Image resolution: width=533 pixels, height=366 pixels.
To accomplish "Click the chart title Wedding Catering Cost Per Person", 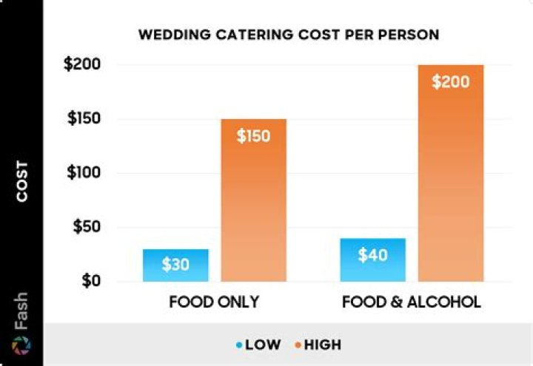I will (289, 35).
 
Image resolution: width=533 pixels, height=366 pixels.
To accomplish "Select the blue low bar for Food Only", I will (175, 265).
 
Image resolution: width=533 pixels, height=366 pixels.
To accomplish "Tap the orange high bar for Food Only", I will (254, 200).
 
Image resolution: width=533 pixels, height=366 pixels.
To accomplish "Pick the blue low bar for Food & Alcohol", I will (372, 260).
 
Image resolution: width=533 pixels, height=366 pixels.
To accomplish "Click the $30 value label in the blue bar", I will (175, 265).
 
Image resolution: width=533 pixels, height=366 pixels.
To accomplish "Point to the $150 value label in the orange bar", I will (254, 136).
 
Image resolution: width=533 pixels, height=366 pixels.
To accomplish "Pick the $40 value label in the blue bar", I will (372, 255).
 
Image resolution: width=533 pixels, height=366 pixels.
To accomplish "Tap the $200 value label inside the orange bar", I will (451, 81).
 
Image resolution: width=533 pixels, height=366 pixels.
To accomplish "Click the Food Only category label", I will (215, 302).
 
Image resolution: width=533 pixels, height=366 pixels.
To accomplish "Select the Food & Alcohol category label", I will (412, 302).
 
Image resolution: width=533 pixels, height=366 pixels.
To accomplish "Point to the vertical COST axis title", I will (22, 181).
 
